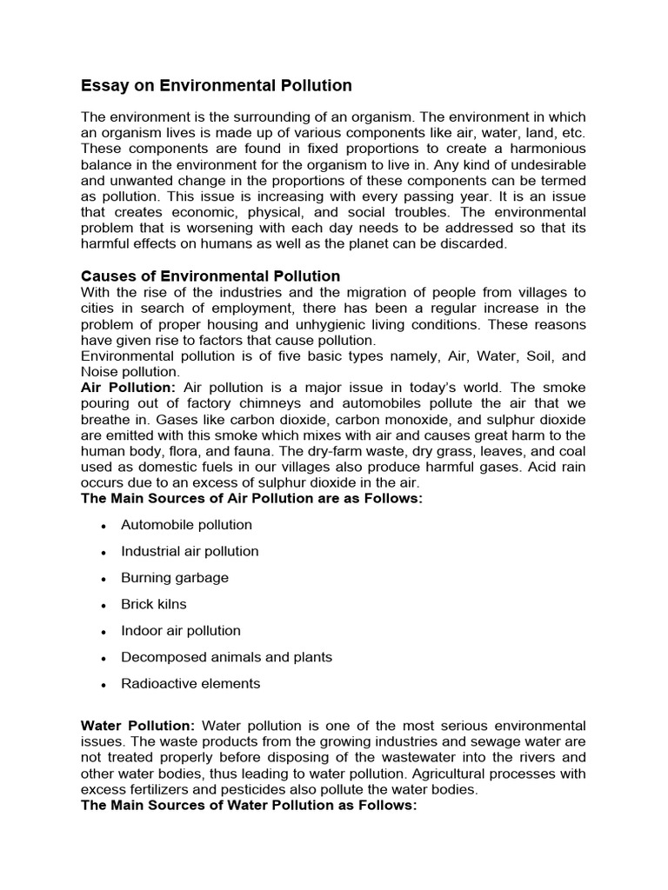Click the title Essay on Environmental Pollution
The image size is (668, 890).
[x=216, y=85]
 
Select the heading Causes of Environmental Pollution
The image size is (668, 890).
[x=210, y=276]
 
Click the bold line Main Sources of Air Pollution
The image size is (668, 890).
[x=251, y=498]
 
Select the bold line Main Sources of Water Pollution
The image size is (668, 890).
[x=249, y=805]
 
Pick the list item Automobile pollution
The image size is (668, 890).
[x=186, y=525]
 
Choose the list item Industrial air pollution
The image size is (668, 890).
[x=190, y=551]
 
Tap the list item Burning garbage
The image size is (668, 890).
[x=175, y=578]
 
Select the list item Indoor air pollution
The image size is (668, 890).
[x=181, y=631]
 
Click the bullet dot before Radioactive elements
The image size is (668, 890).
[x=104, y=685]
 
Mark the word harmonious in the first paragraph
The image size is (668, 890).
[x=549, y=149]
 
